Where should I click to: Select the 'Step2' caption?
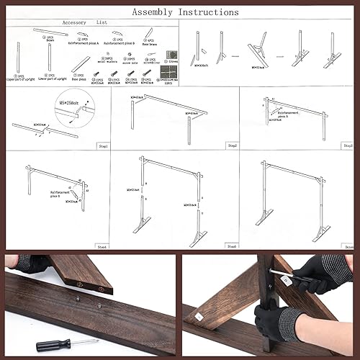(x=233, y=146)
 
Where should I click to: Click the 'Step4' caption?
(x=102, y=247)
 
